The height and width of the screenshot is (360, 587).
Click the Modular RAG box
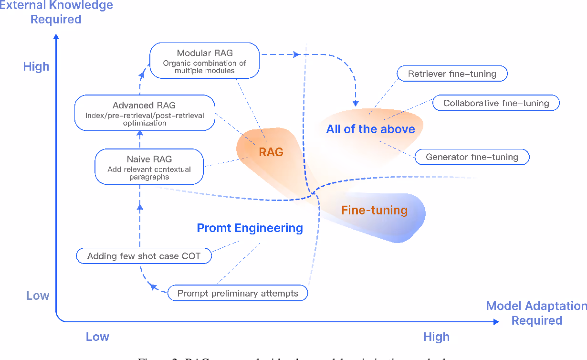[205, 61]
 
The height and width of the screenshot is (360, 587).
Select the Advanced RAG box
[145, 113]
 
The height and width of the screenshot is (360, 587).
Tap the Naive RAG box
[149, 167]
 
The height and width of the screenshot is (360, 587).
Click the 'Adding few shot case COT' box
[144, 256]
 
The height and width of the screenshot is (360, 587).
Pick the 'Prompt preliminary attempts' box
[238, 293]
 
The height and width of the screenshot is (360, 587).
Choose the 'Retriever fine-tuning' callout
[452, 74]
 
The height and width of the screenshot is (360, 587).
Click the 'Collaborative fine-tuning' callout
[496, 103]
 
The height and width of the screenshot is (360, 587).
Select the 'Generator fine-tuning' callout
[472, 157]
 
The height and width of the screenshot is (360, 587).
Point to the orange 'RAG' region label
[271, 152]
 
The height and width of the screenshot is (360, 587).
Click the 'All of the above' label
[371, 129]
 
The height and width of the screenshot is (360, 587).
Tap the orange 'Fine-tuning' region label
[375, 210]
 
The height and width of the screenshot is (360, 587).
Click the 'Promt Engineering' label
[250, 228]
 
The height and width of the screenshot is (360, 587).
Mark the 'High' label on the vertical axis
[36, 67]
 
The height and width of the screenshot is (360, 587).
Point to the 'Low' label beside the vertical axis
[38, 296]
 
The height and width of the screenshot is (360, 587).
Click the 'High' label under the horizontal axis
[436, 337]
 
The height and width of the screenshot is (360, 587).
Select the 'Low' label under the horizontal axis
[97, 337]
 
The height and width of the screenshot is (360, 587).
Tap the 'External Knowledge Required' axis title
[56, 12]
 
